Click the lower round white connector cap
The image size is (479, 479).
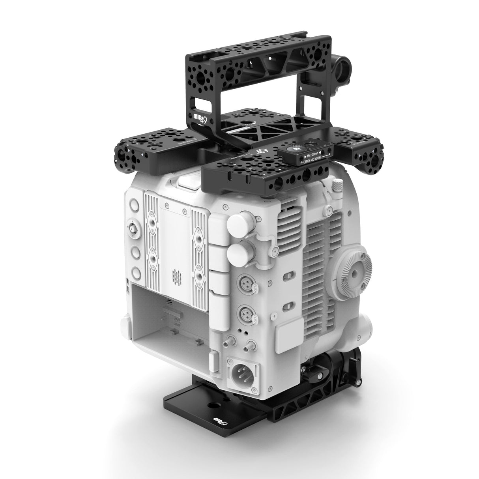[x=238, y=253]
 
